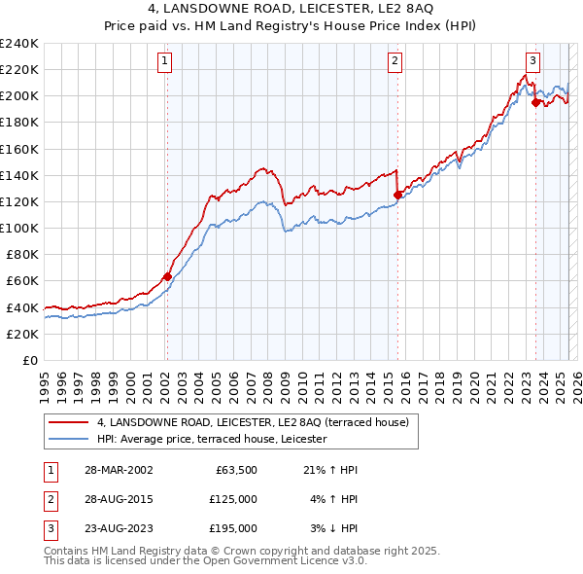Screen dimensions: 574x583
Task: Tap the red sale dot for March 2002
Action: [167, 276]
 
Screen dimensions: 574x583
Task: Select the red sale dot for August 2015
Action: [397, 195]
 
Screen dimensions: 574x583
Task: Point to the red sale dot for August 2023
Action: [535, 102]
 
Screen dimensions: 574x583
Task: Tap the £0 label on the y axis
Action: [29, 360]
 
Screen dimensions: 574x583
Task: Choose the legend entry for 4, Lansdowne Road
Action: [257, 422]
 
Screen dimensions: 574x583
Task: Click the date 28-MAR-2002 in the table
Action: [118, 470]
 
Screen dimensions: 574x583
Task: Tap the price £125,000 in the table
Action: [233, 499]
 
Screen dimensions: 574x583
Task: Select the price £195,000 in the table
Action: [233, 528]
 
